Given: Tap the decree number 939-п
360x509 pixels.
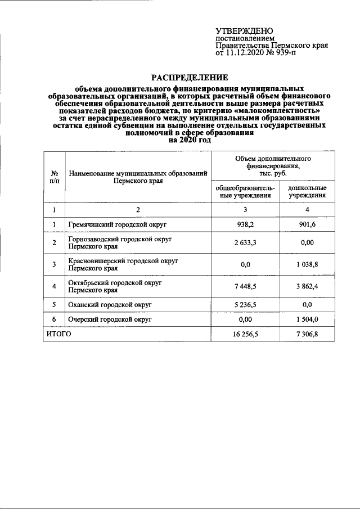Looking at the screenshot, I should tap(282, 54).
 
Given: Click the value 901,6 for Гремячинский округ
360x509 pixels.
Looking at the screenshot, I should tap(307, 225).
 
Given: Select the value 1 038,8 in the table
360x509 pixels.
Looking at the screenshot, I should tap(307, 265).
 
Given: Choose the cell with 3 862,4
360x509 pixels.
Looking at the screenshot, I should tap(307, 287).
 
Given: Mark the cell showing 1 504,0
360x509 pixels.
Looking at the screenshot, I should tap(307, 319).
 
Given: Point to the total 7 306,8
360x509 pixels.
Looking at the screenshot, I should tap(307, 334).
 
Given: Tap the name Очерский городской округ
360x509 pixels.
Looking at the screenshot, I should tap(111, 319).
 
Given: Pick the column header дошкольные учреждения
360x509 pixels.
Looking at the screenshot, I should tap(307, 191).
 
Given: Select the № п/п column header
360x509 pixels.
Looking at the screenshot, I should tap(55, 177).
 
